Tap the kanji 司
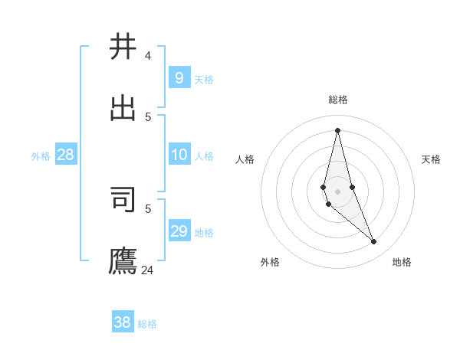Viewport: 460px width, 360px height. coord(123,199)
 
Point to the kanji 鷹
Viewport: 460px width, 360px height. coord(123,260)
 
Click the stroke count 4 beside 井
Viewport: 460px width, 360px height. coord(148,55)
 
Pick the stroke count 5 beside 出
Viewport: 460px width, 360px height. coord(148,116)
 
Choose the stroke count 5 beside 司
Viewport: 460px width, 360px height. coord(148,208)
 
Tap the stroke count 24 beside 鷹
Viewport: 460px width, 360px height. coord(147,270)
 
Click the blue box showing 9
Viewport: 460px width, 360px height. coord(179,77)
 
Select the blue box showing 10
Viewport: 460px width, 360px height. coord(179,155)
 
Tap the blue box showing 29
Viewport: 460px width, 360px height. coord(179,231)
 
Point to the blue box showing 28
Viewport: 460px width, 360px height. coord(66,155)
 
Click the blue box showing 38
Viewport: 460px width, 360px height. coord(123,322)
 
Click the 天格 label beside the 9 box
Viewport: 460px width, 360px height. coord(204,80)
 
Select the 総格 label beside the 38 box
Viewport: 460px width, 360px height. coord(147,324)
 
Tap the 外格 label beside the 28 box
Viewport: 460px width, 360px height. coord(41,156)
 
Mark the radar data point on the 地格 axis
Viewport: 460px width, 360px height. coord(374,242)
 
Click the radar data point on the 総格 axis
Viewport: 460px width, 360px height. coord(337,130)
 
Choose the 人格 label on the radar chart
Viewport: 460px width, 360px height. coord(245,159)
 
